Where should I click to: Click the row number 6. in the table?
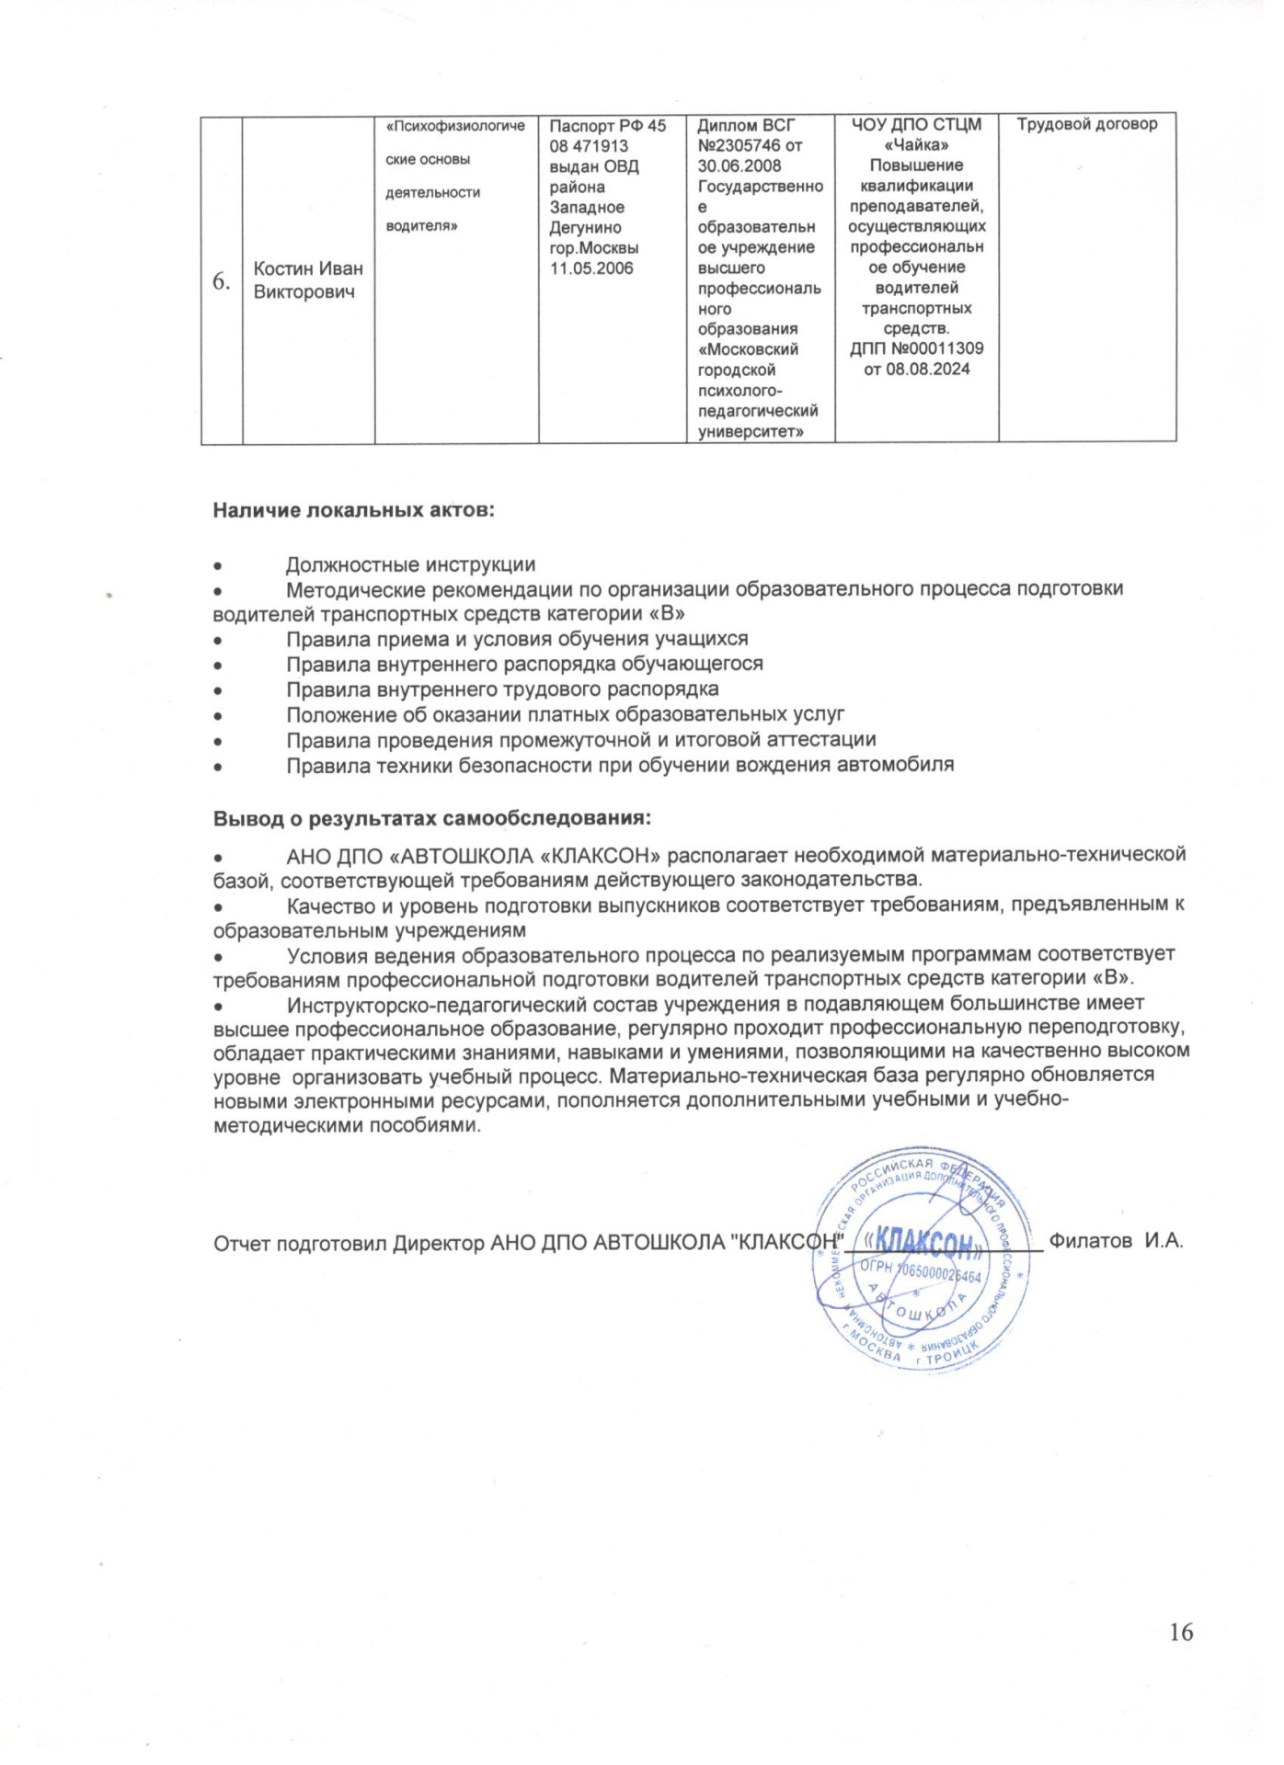tap(222, 281)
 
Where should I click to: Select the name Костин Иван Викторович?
tap(308, 280)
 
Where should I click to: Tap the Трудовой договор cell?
tap(1087, 124)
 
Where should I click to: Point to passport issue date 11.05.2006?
tap(591, 268)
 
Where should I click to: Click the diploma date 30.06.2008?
tap(739, 165)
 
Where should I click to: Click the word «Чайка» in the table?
tap(916, 145)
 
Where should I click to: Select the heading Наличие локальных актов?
tap(354, 510)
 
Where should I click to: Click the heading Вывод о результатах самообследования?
tap(432, 818)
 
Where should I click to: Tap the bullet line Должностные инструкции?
tap(410, 564)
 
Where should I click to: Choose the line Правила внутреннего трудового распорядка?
tap(502, 689)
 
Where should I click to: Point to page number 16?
tap(1181, 1632)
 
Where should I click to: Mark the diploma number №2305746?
tap(740, 145)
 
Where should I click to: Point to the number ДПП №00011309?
tap(916, 349)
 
